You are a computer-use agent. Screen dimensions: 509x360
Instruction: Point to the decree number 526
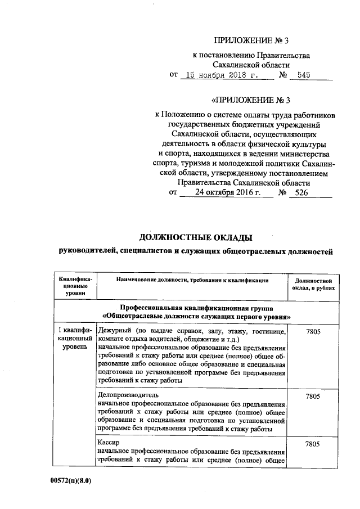pyautogui.click(x=303, y=192)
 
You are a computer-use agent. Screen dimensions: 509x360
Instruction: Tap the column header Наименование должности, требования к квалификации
pyautogui.click(x=192, y=280)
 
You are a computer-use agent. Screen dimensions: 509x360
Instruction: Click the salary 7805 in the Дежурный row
pyautogui.click(x=312, y=332)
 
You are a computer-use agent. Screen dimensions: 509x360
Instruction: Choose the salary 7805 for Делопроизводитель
pyautogui.click(x=312, y=397)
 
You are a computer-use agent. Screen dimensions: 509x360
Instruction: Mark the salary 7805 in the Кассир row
pyautogui.click(x=312, y=445)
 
